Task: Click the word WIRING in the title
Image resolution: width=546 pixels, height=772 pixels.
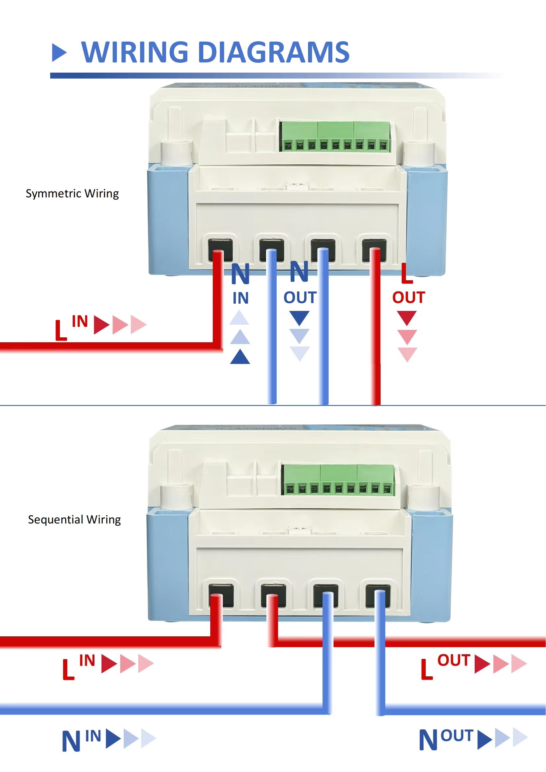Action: point(135,52)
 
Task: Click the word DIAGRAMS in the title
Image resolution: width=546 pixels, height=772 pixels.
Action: point(274,52)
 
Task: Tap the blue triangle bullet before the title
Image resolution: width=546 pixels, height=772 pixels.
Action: point(59,52)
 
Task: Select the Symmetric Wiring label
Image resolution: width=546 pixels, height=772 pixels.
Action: point(72,193)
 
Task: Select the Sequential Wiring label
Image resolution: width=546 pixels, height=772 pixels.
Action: point(74,520)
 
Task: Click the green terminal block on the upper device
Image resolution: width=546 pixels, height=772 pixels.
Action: point(335,137)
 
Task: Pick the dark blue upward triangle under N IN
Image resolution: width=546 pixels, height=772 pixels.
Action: point(240,357)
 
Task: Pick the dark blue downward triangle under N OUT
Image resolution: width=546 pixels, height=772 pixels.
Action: point(299,318)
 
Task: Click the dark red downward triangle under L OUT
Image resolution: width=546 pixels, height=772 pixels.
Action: point(407,318)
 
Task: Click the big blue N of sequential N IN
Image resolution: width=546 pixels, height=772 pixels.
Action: point(71,741)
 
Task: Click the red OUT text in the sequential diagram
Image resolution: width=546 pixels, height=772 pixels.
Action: point(453,660)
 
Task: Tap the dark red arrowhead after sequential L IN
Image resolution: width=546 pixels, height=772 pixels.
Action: point(109,664)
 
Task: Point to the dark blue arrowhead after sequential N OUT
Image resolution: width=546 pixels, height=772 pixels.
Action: point(485,740)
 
